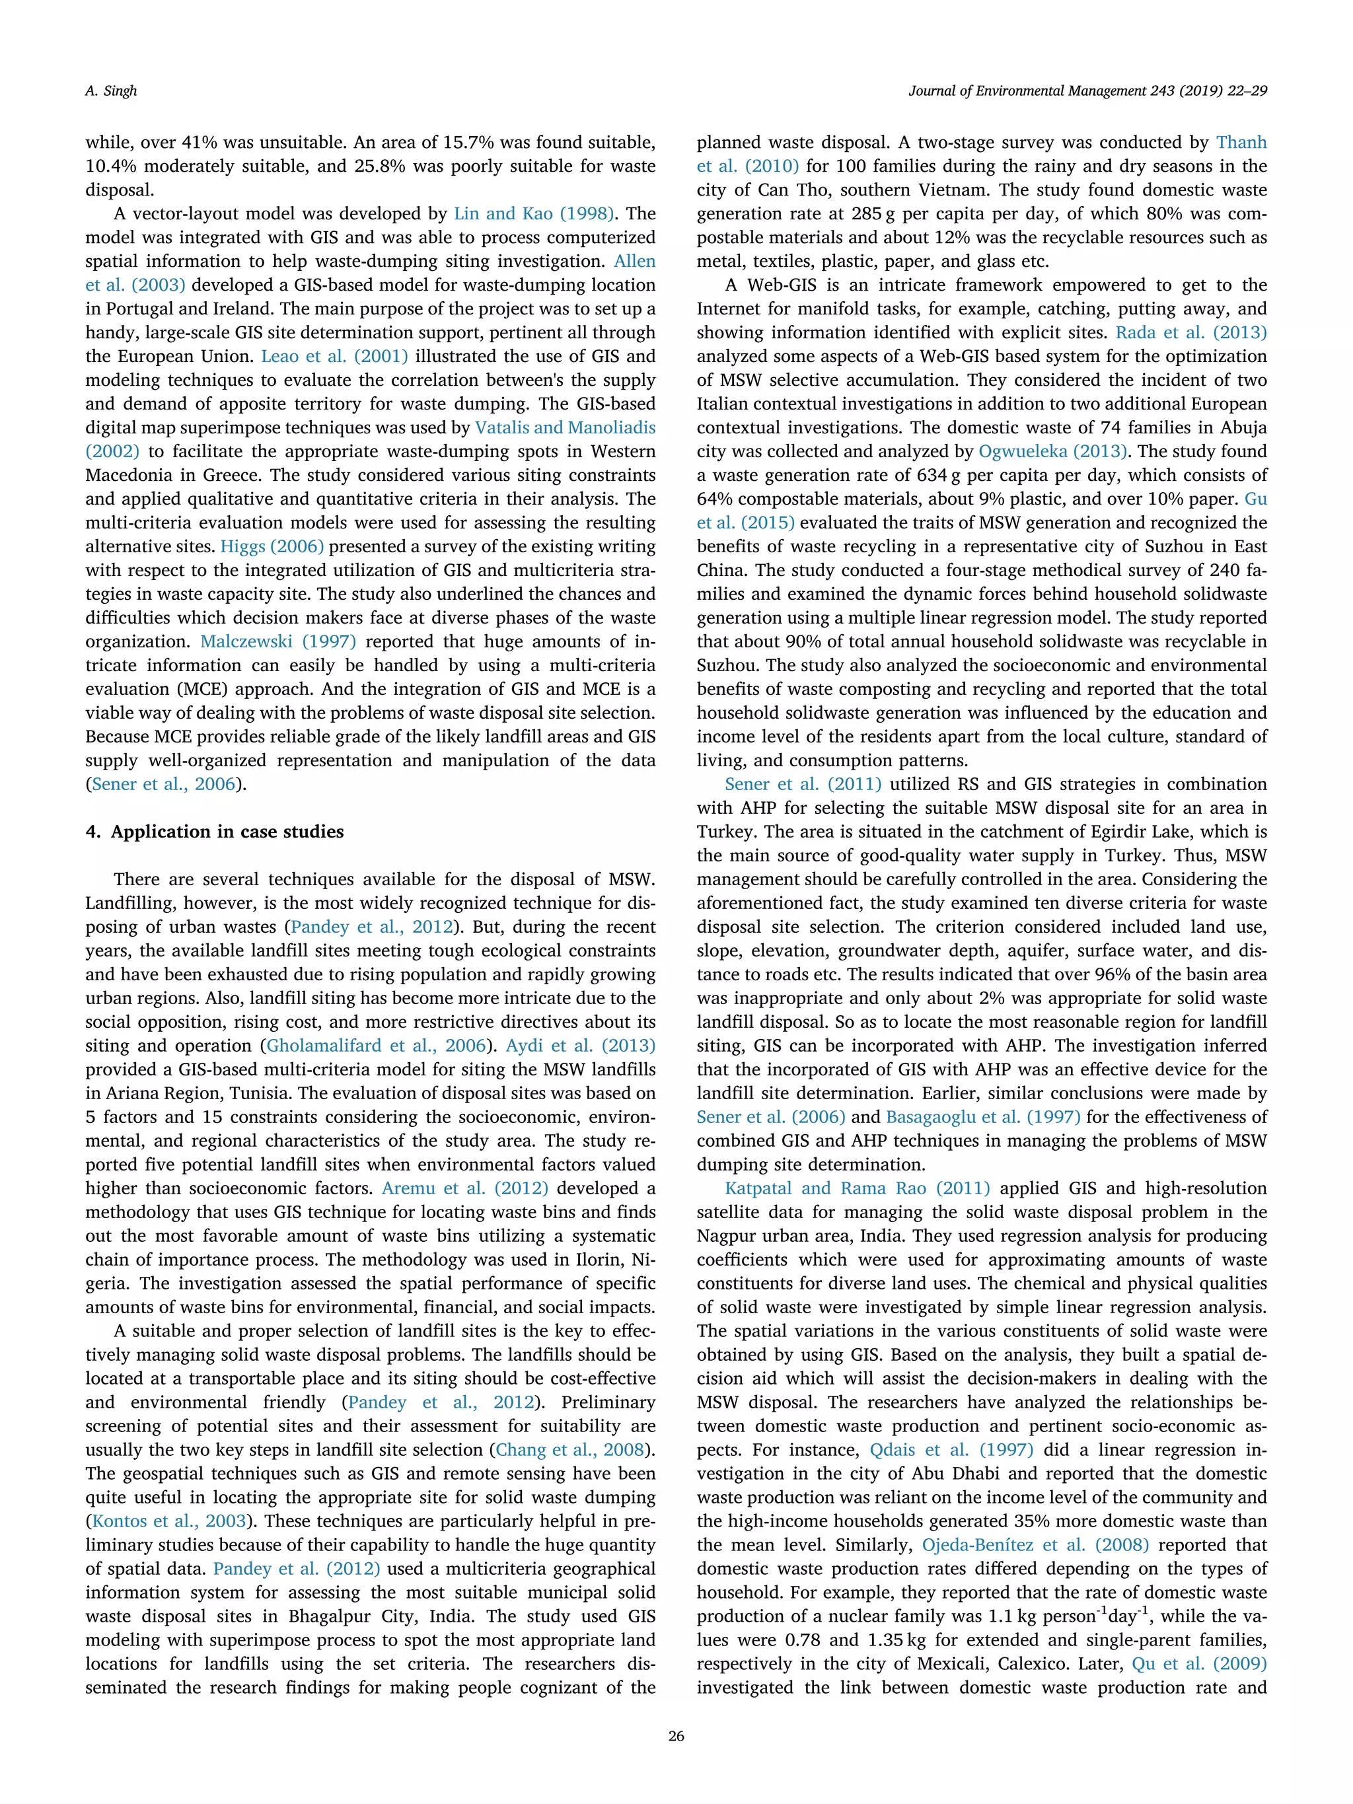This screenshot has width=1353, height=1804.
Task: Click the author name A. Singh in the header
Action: coord(111,90)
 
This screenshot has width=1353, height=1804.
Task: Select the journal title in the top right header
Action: coord(1087,90)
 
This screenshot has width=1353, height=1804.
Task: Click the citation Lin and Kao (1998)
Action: coord(533,213)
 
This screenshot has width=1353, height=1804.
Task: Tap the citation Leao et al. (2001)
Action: coord(334,357)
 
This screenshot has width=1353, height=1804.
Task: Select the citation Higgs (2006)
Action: coord(272,546)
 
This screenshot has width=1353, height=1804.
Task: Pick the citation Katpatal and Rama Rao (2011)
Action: coord(857,1188)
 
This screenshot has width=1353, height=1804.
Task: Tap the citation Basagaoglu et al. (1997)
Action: coord(983,1116)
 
